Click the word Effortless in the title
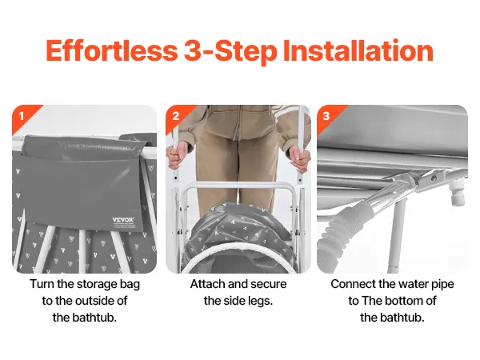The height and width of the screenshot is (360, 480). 112,50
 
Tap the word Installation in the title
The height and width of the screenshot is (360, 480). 358,50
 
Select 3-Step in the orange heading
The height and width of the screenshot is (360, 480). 230,51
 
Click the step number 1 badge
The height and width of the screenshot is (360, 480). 22,116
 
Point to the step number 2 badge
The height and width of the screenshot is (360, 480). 176,116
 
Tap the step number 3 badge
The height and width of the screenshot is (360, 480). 326,116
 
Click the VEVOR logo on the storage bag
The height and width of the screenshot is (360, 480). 123,220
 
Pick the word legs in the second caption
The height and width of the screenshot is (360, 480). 260,301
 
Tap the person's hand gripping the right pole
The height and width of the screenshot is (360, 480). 300,156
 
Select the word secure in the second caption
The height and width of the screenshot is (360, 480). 268,284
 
